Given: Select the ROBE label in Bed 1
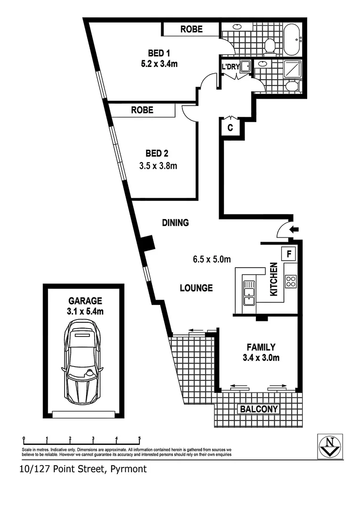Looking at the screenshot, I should (191, 29).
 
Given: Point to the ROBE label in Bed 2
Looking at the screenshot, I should (142, 110).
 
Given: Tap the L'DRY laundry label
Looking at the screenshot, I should (230, 67).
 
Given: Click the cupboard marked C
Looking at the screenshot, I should (230, 127).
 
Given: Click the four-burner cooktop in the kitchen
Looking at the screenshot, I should (290, 281).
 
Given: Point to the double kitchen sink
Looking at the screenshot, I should (249, 293).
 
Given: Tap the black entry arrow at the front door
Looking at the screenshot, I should (295, 230).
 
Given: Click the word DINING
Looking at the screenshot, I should (175, 222).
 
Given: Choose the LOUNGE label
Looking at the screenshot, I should (196, 287).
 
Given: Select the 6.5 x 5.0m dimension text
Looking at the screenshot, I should (211, 258).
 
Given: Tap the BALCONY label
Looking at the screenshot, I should (259, 409).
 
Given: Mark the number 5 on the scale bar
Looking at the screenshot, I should (139, 439).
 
